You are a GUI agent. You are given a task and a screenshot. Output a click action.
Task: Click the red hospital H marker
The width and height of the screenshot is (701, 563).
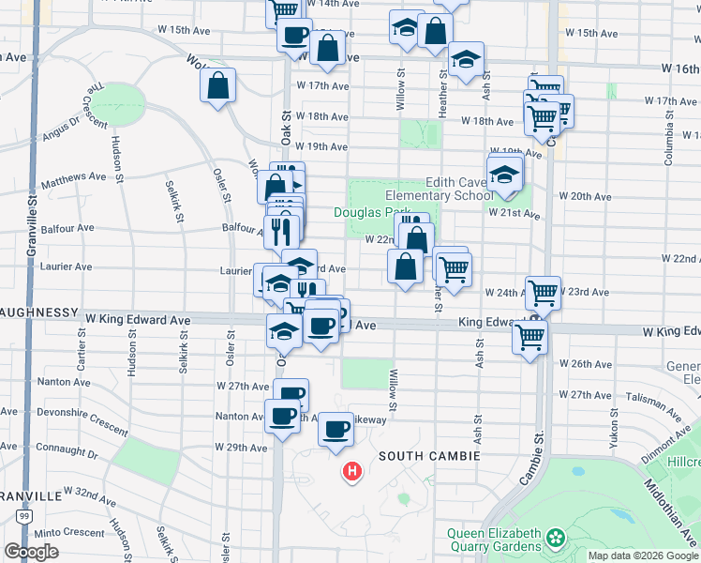point(351,470)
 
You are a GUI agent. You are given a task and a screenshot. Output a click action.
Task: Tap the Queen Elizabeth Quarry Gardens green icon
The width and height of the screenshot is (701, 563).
point(557,538)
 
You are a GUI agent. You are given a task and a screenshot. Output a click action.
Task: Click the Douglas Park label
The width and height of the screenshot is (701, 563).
point(372,213)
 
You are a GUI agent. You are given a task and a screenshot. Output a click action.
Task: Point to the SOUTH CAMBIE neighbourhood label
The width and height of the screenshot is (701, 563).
point(430,456)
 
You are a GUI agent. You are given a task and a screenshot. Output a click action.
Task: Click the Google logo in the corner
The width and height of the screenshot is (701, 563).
point(31,552)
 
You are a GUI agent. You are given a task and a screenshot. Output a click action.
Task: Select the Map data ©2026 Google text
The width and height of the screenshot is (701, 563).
point(643,555)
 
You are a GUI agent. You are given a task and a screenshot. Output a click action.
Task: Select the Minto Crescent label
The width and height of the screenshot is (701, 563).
point(71,533)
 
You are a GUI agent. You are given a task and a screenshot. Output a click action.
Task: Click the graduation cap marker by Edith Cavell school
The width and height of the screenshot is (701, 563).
point(504,174)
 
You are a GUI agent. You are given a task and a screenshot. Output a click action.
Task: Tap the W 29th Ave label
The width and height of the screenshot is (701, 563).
point(242,448)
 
